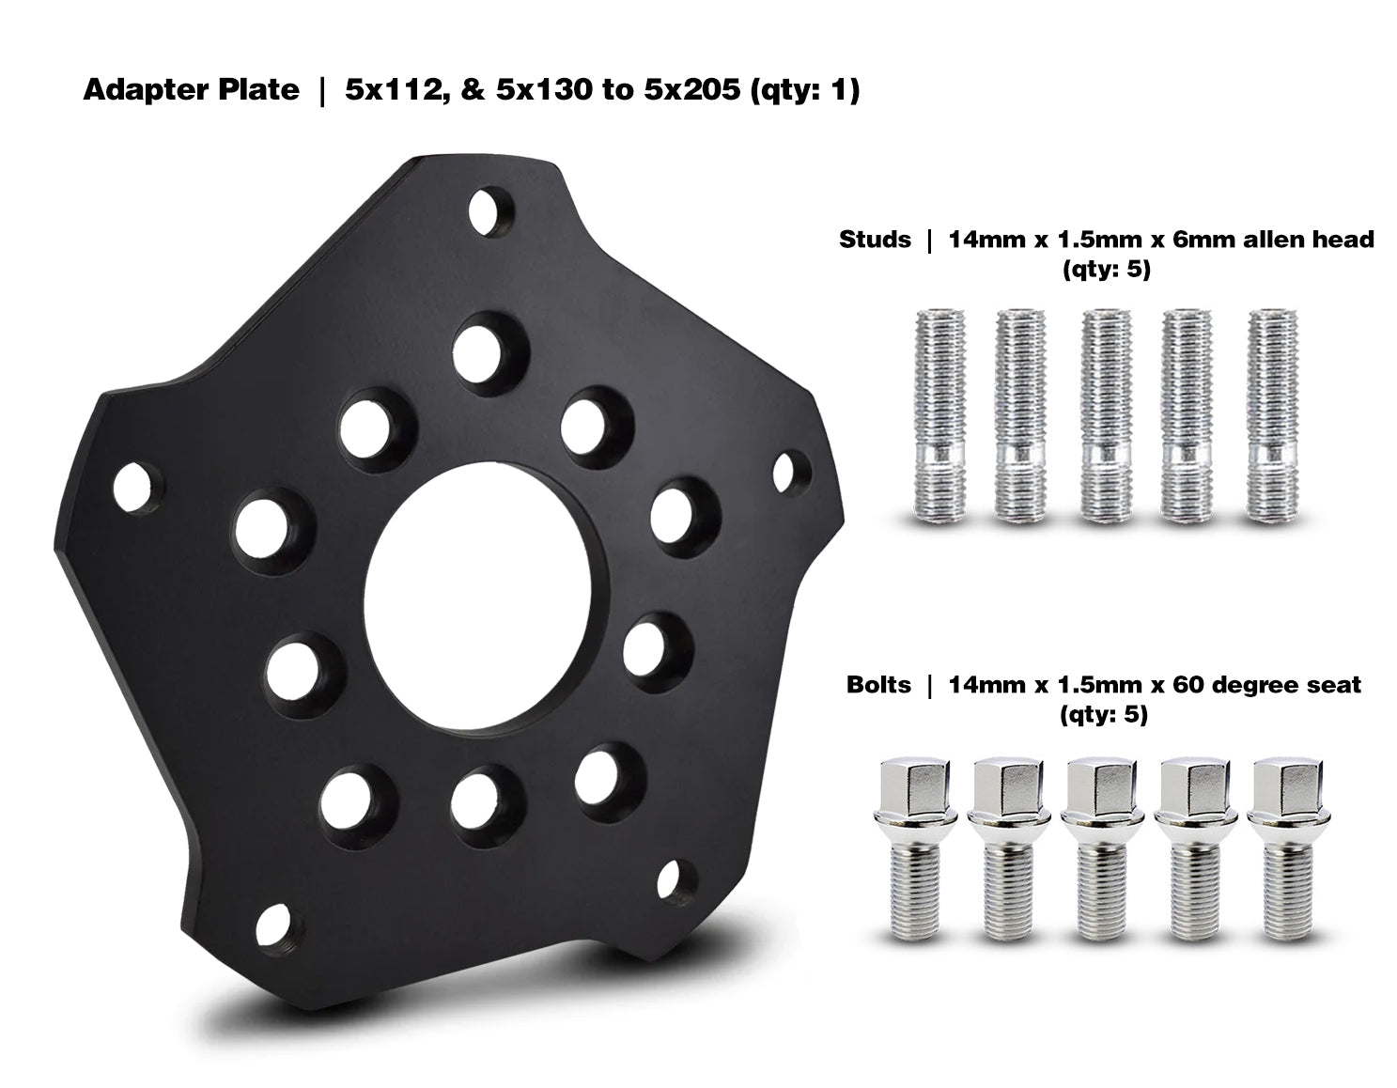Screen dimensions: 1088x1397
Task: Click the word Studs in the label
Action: pyautogui.click(x=874, y=240)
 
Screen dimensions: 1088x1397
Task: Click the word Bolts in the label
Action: pyautogui.click(x=877, y=684)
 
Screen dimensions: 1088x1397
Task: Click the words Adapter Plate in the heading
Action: pyautogui.click(x=191, y=90)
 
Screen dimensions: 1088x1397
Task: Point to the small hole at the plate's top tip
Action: pyautogui.click(x=489, y=211)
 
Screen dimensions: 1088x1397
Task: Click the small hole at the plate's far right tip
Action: pyautogui.click(x=792, y=470)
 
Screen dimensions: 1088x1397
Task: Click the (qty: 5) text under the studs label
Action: pyautogui.click(x=1105, y=271)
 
